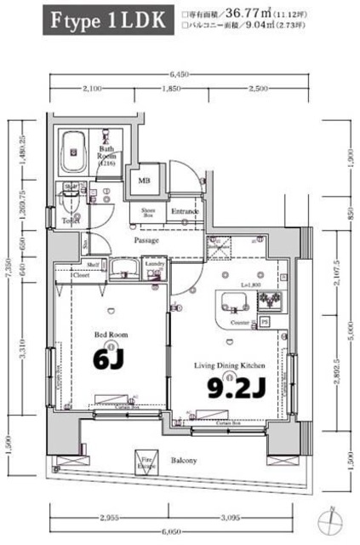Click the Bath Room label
point(106,156)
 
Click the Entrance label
point(185,211)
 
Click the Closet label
point(82,276)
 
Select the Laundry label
point(154,265)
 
